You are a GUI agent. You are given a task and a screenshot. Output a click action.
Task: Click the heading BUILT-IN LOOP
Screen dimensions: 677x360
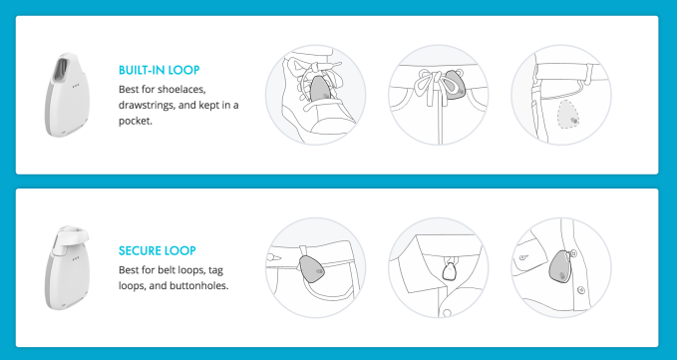tap(159, 70)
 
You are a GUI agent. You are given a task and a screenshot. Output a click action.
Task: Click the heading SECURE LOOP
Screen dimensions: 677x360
tap(158, 250)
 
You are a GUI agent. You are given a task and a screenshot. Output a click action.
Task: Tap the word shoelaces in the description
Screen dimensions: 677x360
tap(181, 90)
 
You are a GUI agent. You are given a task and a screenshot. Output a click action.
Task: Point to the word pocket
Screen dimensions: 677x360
tap(135, 122)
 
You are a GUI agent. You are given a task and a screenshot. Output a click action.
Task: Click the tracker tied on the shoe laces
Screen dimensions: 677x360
tap(320, 90)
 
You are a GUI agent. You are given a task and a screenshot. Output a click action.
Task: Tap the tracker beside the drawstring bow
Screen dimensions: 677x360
tap(453, 85)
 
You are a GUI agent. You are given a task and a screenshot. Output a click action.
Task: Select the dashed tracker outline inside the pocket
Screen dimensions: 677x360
tap(568, 116)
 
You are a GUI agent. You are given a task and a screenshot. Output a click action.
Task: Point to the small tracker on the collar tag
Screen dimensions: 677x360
tap(450, 271)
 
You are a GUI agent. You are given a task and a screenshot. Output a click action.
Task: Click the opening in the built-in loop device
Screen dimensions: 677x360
tap(61, 69)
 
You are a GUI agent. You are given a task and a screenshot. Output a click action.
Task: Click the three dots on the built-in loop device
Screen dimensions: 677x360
tap(77, 85)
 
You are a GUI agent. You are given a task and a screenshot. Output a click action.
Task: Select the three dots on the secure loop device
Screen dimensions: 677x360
tap(77, 259)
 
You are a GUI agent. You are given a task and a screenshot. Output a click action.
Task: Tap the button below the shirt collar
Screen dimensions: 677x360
tap(447, 312)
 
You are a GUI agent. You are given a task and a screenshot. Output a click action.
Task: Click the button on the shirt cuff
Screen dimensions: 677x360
tap(523, 257)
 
